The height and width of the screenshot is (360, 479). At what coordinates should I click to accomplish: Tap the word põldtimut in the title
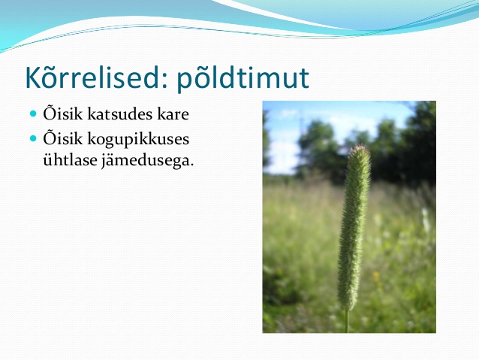click(x=243, y=79)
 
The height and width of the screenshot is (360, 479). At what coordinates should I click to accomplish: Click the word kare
click(x=173, y=114)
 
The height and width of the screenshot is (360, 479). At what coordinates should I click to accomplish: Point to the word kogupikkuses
click(x=138, y=140)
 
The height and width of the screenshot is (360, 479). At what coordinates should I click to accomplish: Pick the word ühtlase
click(x=71, y=159)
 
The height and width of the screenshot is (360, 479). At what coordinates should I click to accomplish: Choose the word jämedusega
click(x=147, y=160)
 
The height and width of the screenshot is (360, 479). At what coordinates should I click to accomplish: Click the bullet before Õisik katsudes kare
click(x=33, y=113)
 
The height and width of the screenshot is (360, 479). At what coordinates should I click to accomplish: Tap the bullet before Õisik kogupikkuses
click(x=33, y=138)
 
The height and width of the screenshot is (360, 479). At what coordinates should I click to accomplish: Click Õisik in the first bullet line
click(x=63, y=113)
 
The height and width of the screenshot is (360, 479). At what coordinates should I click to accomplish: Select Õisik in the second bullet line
click(x=63, y=138)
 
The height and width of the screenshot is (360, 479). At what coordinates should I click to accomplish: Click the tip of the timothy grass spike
click(x=360, y=147)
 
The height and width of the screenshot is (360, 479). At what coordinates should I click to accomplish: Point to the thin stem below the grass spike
click(x=346, y=321)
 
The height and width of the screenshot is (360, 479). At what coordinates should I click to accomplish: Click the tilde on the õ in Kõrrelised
click(x=53, y=68)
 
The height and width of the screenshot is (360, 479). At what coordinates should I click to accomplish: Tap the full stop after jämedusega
click(x=191, y=165)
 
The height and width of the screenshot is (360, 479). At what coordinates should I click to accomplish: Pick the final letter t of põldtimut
click(x=303, y=80)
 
